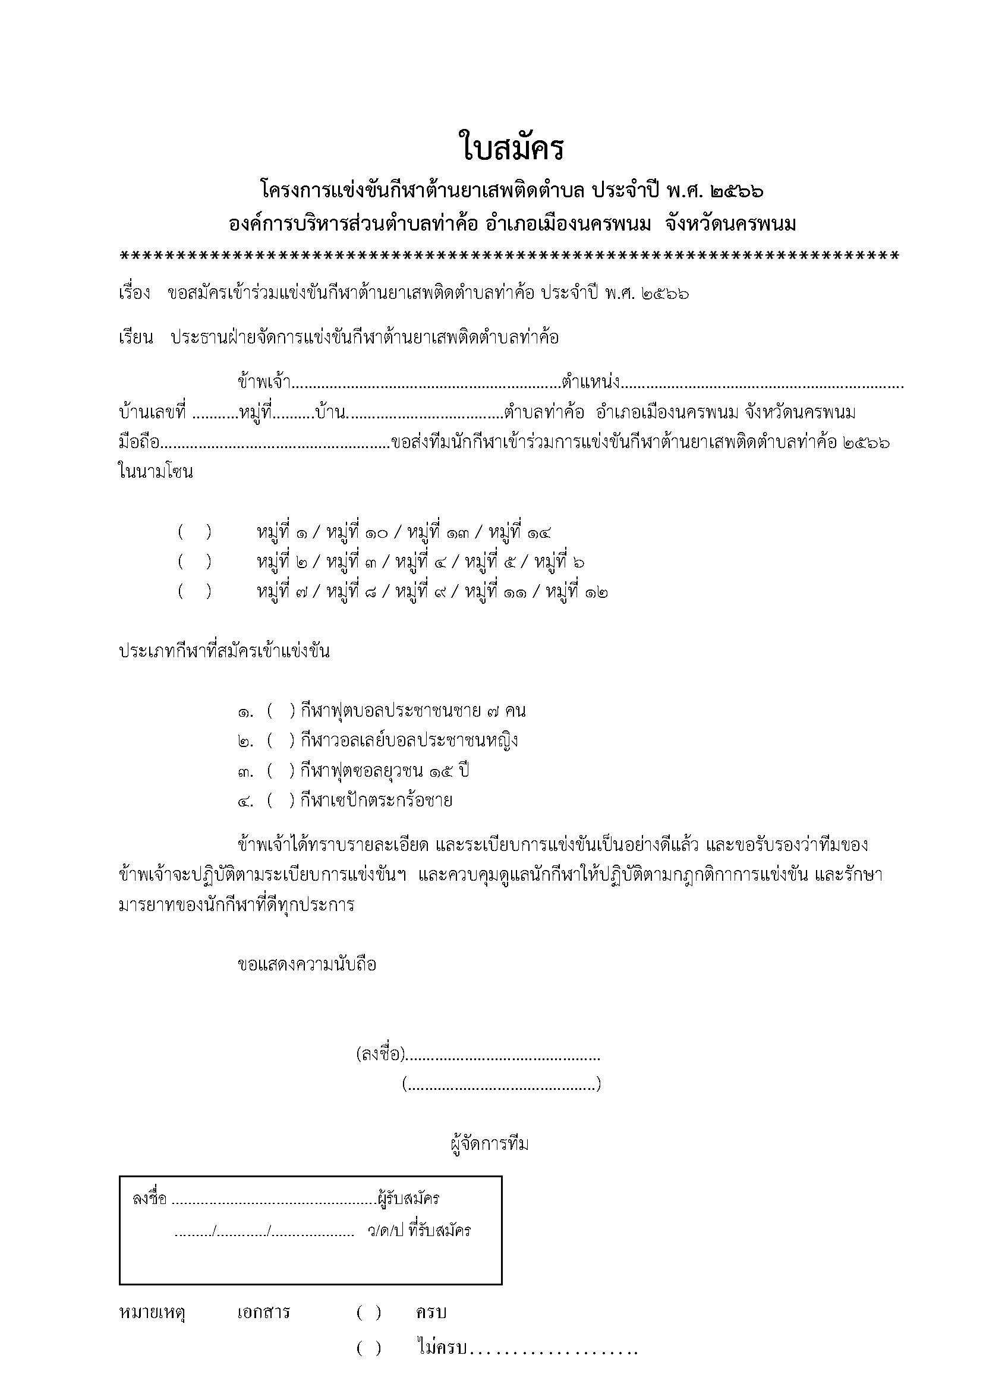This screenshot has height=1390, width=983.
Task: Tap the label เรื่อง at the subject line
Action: (x=134, y=294)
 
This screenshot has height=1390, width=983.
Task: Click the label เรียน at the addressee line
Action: (x=136, y=337)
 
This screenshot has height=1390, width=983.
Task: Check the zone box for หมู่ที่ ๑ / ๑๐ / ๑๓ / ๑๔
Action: (x=195, y=532)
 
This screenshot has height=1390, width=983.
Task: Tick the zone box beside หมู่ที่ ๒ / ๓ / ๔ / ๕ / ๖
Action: (x=195, y=562)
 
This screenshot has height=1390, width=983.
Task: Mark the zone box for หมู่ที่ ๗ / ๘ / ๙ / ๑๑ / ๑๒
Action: (x=195, y=591)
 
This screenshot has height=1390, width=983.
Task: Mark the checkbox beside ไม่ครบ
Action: (x=368, y=1348)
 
